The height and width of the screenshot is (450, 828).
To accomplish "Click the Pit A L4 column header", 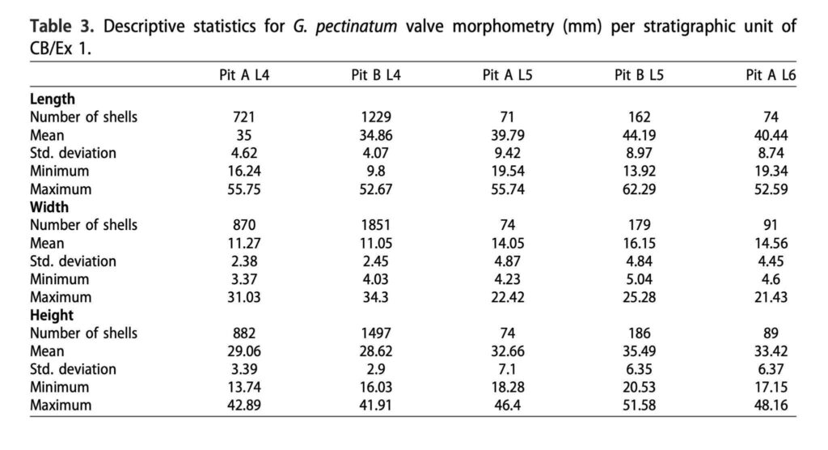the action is pos(244,75).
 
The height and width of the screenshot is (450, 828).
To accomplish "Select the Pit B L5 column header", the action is pos(639,75).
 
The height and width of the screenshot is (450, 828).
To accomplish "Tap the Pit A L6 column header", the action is pos(771,75).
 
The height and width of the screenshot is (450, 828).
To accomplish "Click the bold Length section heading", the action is pos(53,99).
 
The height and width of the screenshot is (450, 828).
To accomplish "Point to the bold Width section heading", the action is pos(49,206).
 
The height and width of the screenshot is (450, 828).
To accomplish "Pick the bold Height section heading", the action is pos(52,315).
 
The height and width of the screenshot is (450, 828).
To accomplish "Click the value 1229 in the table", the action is pos(376,117).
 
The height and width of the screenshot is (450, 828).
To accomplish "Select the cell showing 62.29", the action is pos(639,189).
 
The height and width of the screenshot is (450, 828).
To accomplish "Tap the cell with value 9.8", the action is pos(376,172).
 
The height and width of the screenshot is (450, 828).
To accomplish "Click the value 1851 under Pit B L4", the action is pos(376,225).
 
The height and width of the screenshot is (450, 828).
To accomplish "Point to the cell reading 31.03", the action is pos(244,297).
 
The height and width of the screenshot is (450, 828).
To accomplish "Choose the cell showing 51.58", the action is pos(639,405).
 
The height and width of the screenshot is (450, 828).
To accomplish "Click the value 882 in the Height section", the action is pos(244,333).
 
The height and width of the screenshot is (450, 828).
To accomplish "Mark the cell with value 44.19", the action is pos(639,135).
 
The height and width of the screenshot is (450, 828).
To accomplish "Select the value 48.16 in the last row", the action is pos(771,405).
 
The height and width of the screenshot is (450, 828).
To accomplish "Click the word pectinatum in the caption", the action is pos(356,27).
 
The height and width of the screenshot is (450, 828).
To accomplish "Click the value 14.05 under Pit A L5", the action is pos(508,244).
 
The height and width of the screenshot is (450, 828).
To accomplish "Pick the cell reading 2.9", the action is pos(376,369).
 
